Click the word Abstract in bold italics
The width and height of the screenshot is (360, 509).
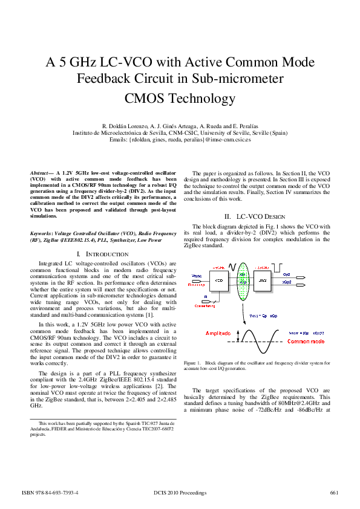click(41, 173)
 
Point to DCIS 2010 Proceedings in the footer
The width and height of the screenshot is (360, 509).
click(180, 493)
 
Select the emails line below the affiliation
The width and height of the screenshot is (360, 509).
click(180, 139)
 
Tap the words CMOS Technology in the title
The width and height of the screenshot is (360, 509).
click(180, 97)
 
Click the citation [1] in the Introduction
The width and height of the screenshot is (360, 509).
click(149, 314)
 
